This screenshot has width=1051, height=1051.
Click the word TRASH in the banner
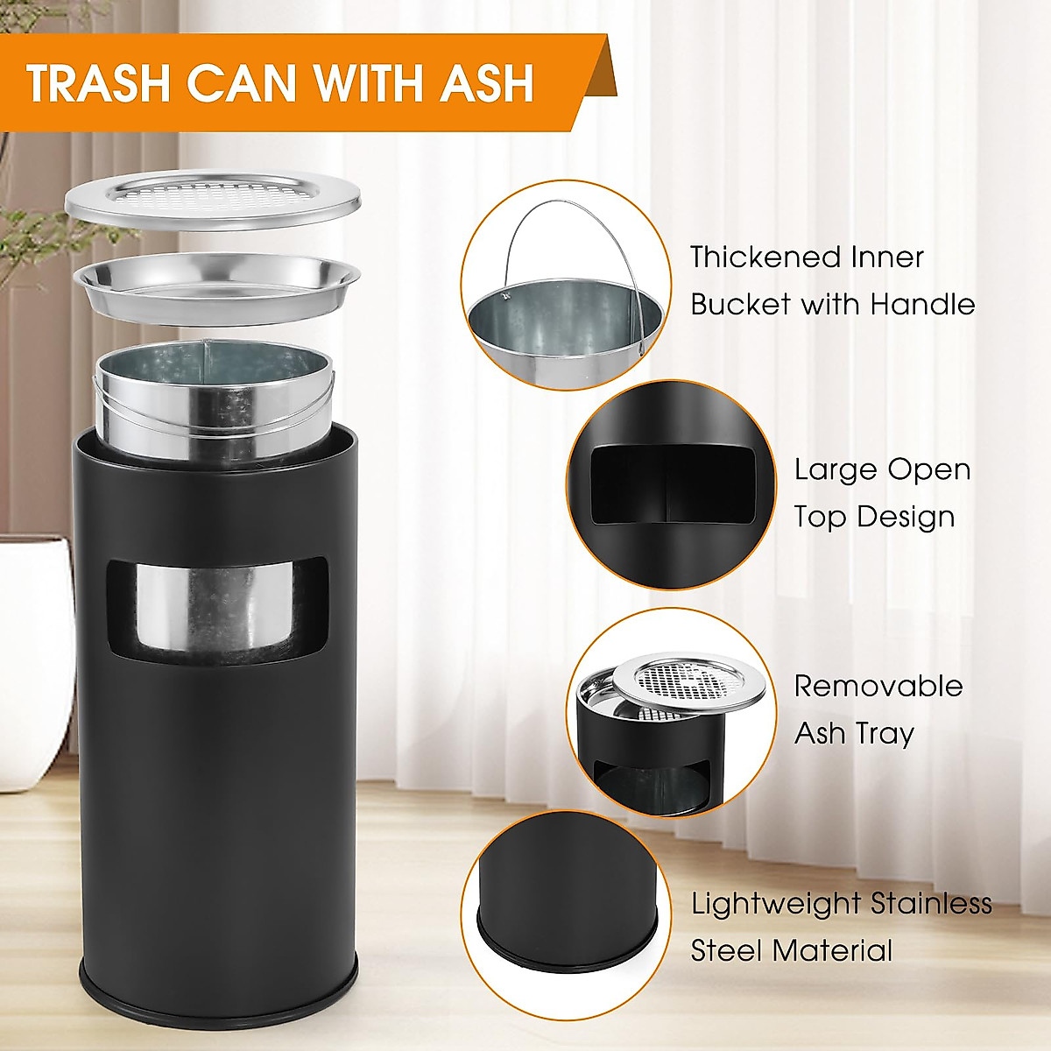click(x=96, y=83)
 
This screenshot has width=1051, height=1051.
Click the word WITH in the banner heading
click(x=371, y=83)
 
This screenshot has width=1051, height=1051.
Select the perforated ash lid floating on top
click(x=213, y=201)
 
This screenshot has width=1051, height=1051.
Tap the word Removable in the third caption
click(x=878, y=686)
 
